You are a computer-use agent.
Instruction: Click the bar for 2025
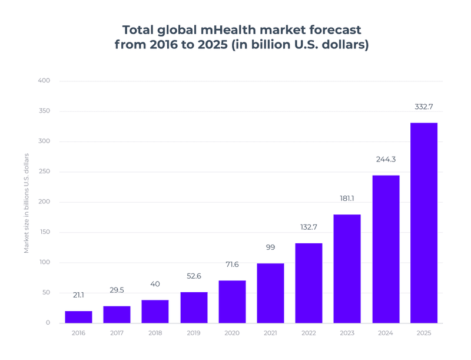[423, 223]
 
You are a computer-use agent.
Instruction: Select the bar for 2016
[78, 317]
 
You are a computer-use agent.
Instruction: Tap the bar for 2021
[270, 293]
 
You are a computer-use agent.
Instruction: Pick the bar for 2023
[347, 269]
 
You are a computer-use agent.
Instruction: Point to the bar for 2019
[194, 307]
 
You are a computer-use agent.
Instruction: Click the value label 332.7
[423, 107]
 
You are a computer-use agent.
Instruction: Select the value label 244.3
[385, 159]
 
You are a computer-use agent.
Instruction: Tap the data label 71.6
[232, 265]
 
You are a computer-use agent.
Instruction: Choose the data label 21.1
[78, 295]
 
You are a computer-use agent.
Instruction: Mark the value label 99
[270, 247]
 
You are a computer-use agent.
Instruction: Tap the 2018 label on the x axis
[155, 333]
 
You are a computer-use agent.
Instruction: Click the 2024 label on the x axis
[385, 333]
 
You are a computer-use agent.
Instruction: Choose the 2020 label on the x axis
[232, 333]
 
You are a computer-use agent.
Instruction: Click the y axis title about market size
[26, 203]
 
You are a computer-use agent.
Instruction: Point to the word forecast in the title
[326, 29]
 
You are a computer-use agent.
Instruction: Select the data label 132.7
[309, 227]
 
